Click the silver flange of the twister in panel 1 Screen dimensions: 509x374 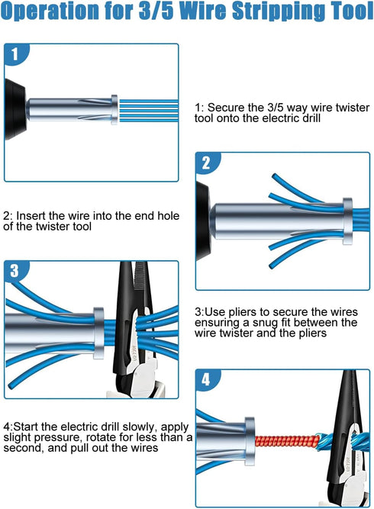114,108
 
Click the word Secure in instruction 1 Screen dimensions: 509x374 227,108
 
